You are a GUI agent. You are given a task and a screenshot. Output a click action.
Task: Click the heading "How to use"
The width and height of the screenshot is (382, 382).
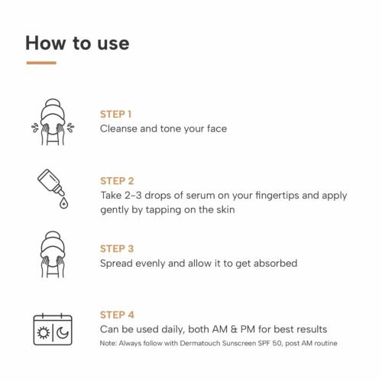point(77,42)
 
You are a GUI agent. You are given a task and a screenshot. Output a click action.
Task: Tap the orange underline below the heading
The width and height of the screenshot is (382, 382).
point(40,63)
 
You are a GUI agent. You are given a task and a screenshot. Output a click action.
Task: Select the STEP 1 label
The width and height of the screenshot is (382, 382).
point(117,115)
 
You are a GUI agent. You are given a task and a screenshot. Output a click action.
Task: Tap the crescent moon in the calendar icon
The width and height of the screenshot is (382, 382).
point(61,334)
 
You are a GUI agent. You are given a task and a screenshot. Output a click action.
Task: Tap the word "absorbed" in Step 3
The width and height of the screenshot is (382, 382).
point(273,263)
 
